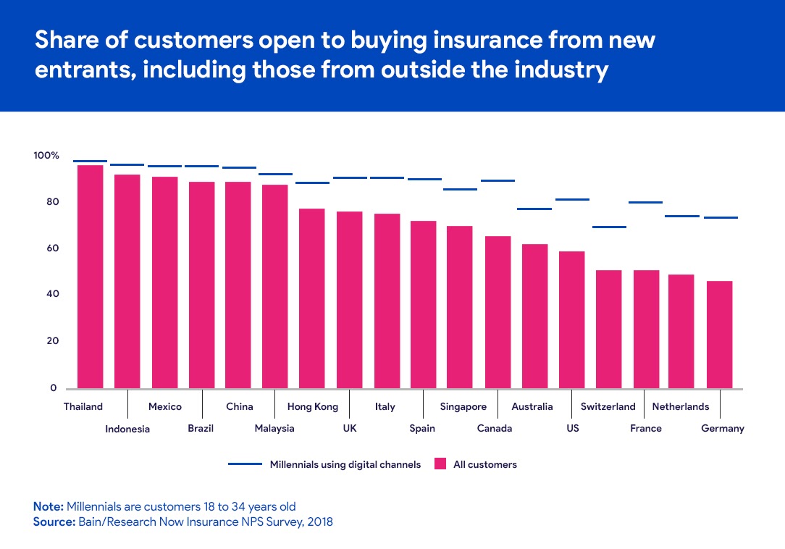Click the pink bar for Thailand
(90, 277)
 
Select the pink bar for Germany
(719, 335)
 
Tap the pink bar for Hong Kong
(311, 298)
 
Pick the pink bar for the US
(571, 319)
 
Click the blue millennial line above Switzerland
(608, 227)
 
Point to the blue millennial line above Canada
(498, 180)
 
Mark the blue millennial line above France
(645, 202)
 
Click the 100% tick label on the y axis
(46, 156)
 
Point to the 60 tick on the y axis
(50, 248)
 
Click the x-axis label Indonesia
(127, 429)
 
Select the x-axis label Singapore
(463, 407)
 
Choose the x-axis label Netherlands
(681, 407)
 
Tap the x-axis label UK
(350, 429)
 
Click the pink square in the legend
(440, 464)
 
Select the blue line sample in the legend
(245, 464)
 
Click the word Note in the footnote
(48, 506)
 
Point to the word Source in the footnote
(54, 521)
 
